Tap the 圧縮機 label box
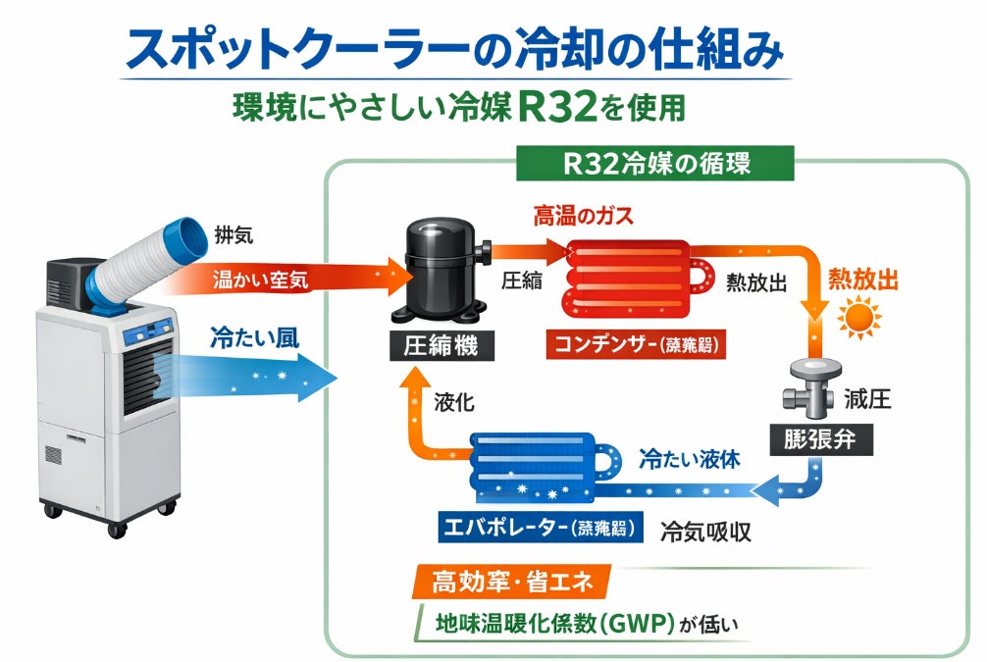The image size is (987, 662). click(x=441, y=345)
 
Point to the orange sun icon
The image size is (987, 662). click(x=860, y=319)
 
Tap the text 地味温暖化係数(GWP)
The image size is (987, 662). click(x=553, y=623)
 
